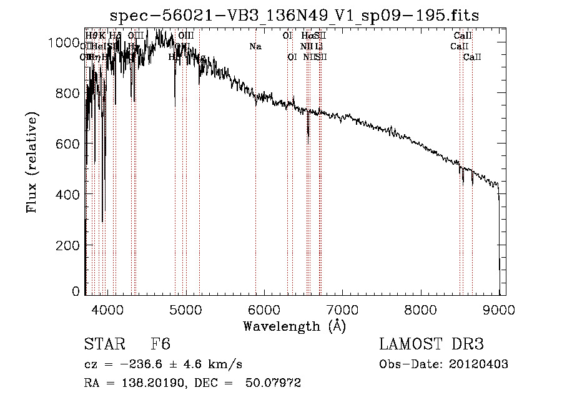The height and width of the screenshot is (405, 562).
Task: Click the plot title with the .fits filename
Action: [x=295, y=16]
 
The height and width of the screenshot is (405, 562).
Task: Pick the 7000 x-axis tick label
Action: [x=342, y=309]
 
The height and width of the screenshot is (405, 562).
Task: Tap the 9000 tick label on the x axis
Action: [x=499, y=309]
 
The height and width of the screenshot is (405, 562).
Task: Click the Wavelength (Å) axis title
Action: [x=294, y=326]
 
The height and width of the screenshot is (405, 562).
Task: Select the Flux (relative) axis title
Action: [x=32, y=162]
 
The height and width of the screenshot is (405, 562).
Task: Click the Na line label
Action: [x=255, y=46]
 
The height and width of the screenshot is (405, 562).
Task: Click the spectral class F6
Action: [x=160, y=345]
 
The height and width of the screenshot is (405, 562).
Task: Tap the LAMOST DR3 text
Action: [x=431, y=345]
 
